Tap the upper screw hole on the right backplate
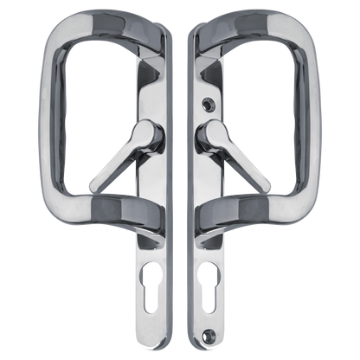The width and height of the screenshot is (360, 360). (205, 101)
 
